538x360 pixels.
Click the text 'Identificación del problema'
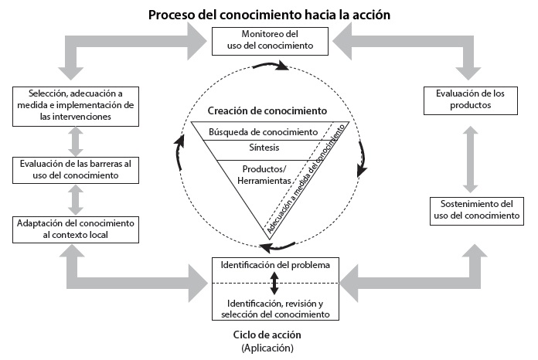(275, 265)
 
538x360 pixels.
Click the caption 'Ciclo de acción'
(266, 335)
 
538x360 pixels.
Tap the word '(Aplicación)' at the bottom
(266, 348)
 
